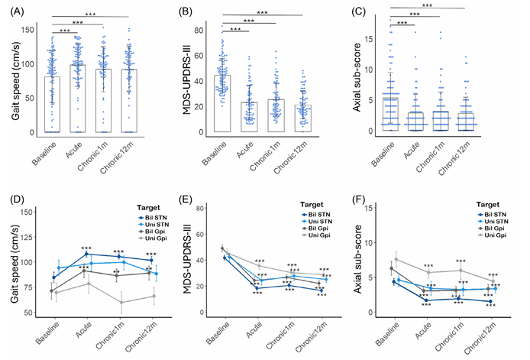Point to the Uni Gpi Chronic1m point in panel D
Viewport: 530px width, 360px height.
click(x=120, y=302)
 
